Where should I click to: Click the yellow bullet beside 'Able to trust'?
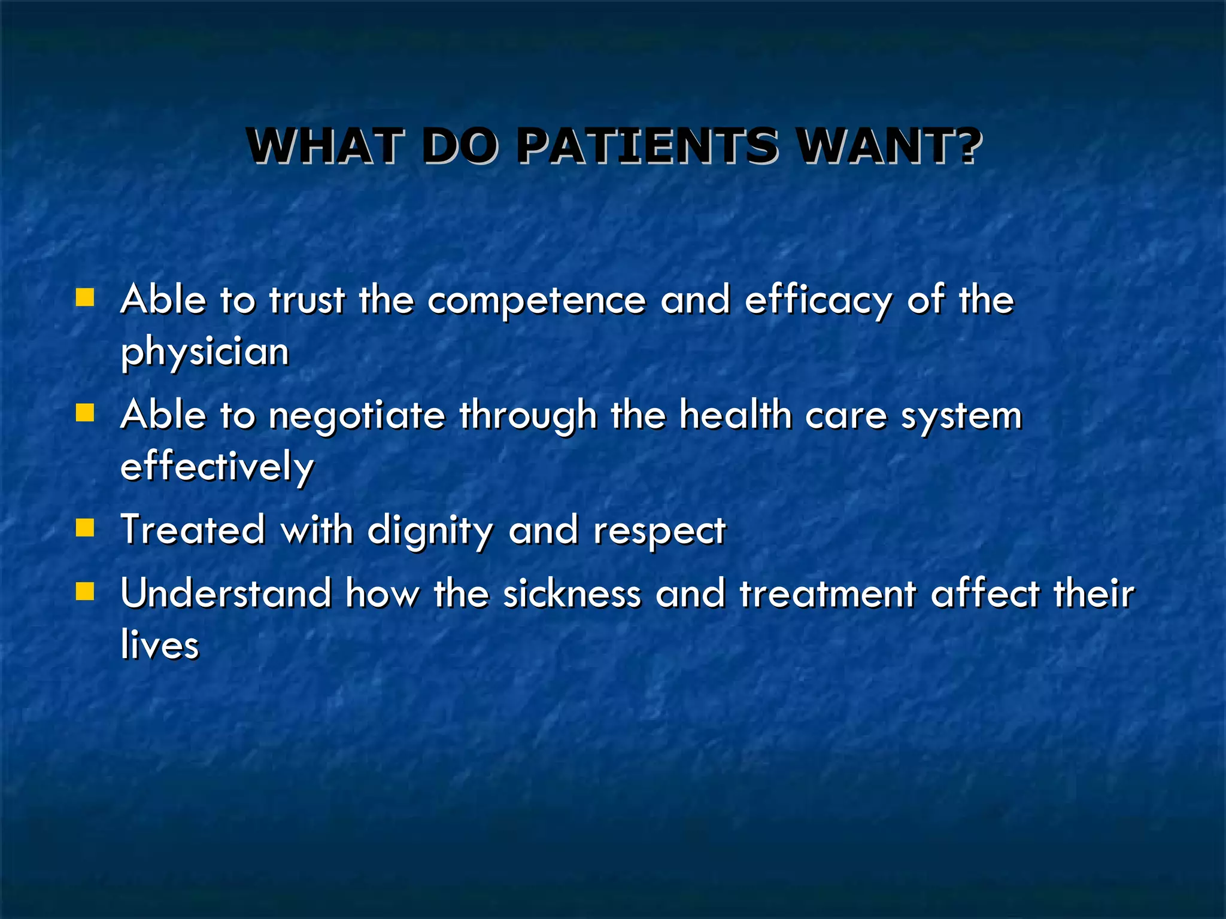[85, 297]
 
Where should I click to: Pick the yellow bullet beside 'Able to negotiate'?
[85, 413]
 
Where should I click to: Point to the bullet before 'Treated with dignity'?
[85, 528]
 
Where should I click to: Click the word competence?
[536, 300]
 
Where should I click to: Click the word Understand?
[226, 594]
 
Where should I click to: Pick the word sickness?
[572, 594]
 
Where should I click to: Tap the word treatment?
[828, 594]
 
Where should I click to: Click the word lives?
[160, 645]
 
